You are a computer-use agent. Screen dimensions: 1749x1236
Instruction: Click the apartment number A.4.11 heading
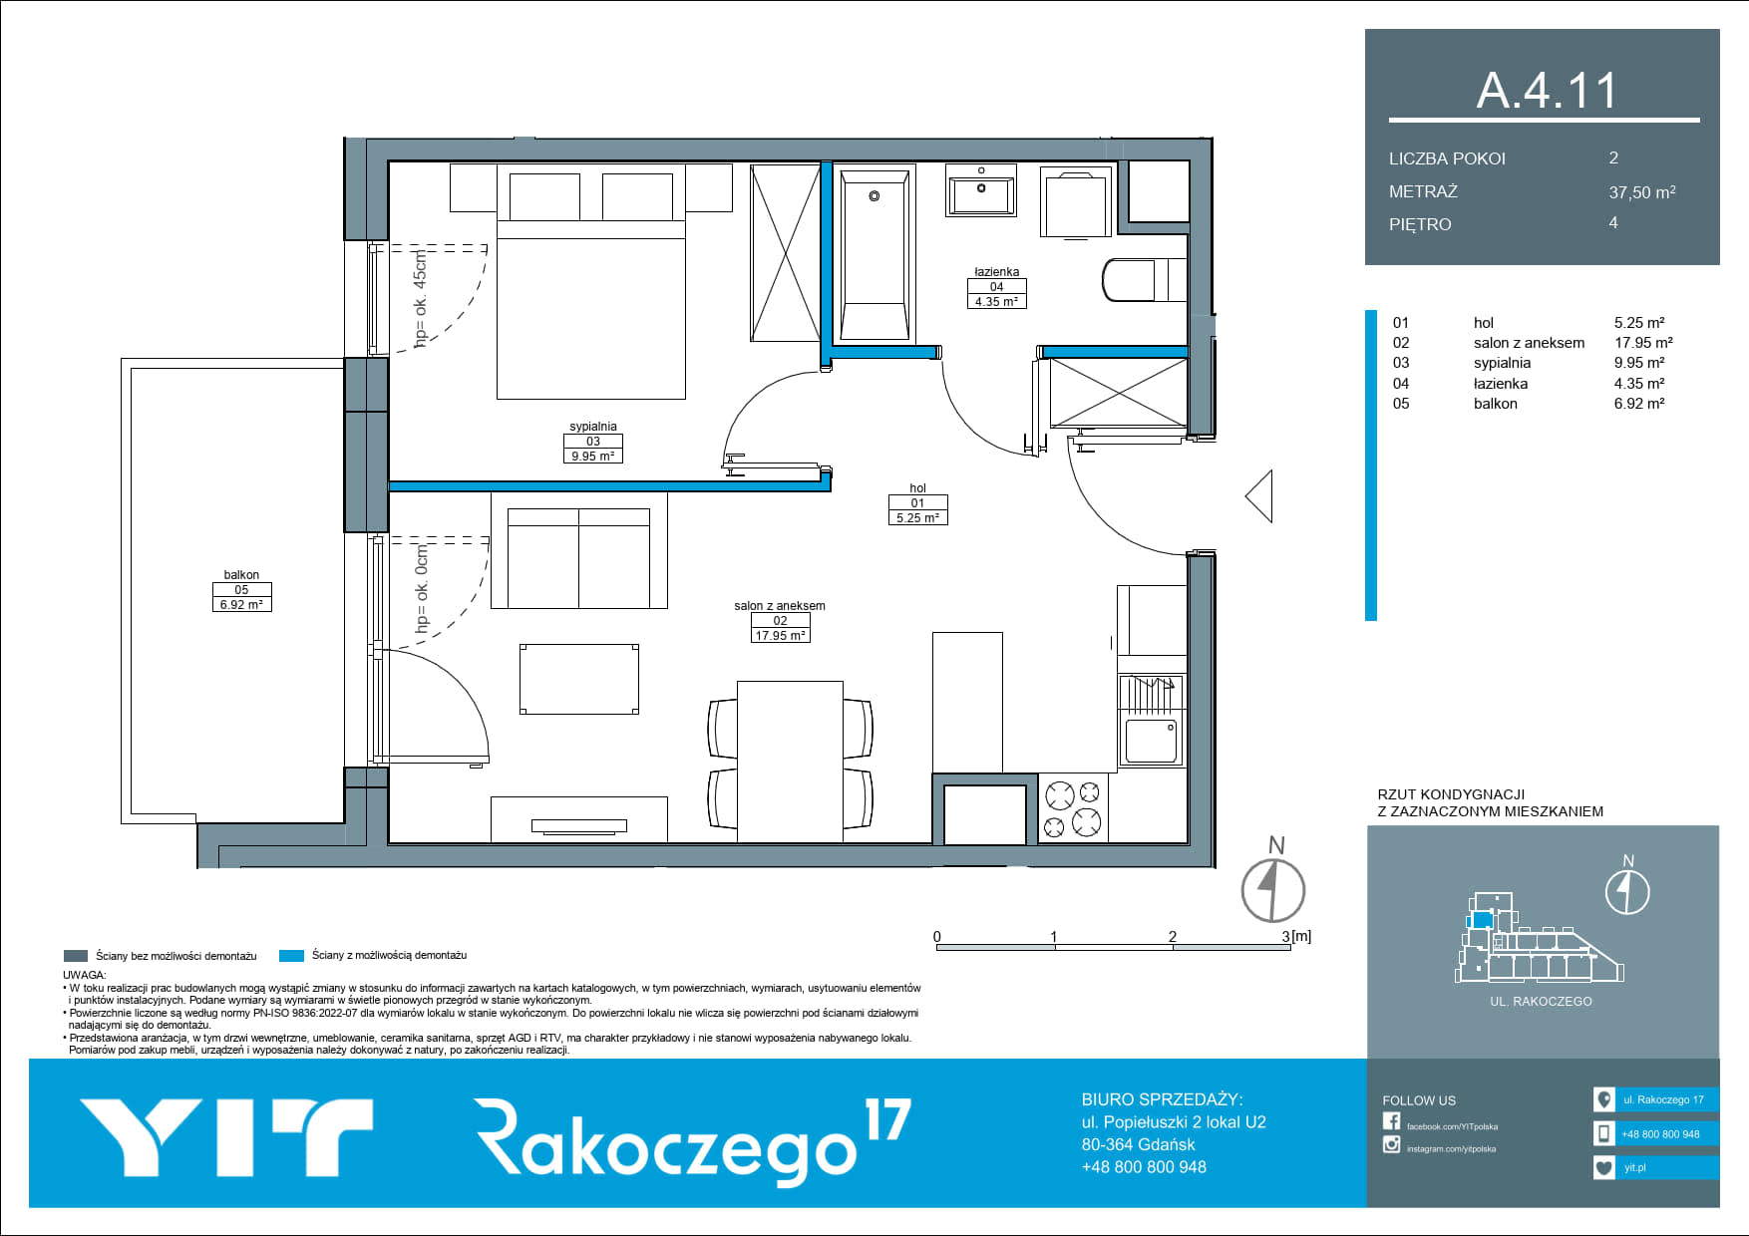click(1547, 90)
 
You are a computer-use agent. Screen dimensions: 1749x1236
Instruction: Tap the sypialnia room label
click(593, 427)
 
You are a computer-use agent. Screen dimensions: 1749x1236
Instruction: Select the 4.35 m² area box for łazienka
click(996, 301)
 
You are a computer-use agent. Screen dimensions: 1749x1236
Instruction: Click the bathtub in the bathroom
click(874, 255)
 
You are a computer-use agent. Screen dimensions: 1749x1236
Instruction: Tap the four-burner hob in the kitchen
click(1073, 808)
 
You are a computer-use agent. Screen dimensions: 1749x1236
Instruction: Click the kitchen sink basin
click(1152, 740)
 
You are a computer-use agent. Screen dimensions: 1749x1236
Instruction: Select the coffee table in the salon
click(578, 679)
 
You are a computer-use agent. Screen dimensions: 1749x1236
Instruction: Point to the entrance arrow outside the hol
click(1259, 496)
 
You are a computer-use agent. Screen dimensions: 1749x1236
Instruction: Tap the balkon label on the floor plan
click(241, 575)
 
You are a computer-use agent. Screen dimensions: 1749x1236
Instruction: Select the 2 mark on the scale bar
click(1173, 936)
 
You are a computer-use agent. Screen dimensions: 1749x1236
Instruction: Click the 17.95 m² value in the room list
click(1643, 343)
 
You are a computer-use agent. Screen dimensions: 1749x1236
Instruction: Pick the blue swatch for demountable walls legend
click(291, 956)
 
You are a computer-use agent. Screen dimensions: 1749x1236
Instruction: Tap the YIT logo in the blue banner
click(226, 1137)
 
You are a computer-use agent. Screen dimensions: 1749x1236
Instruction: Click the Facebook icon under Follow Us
click(1391, 1121)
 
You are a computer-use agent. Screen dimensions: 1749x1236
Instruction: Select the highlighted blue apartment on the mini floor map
click(1482, 919)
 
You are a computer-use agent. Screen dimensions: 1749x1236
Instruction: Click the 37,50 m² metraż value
click(1642, 192)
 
